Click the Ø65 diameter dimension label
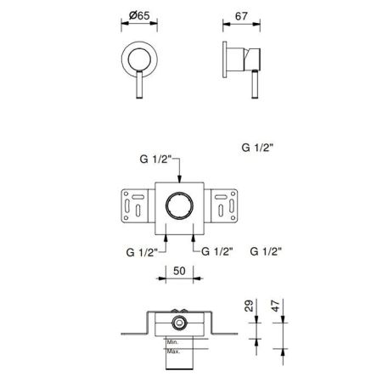point(139,15)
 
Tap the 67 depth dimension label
point(241,16)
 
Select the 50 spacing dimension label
point(179,271)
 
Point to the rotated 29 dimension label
point(249,306)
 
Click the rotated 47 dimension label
point(275,306)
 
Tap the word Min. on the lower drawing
point(172,342)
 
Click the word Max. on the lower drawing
point(173,351)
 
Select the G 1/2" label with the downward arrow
point(156,159)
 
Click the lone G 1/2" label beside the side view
point(257,148)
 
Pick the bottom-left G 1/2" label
point(142,252)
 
